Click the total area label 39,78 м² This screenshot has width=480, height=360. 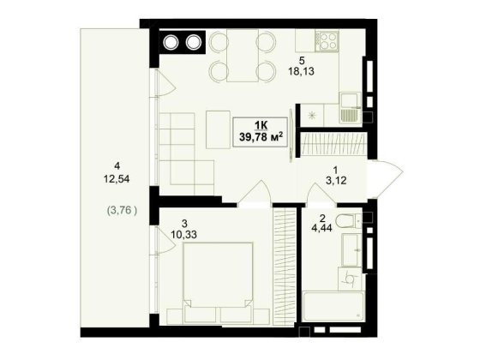click(x=261, y=136)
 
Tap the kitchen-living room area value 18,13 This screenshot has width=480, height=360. click(x=301, y=71)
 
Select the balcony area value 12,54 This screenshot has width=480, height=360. click(x=117, y=179)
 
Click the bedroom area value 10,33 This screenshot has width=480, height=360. click(x=183, y=235)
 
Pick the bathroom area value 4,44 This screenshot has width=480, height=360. click(x=322, y=228)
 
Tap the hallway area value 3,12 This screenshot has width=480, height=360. click(x=336, y=181)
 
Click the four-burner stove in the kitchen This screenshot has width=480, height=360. click(x=327, y=41)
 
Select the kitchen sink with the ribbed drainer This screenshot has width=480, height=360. click(x=350, y=108)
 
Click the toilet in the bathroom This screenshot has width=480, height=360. click(x=348, y=220)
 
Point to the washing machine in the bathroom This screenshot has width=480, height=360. click(x=350, y=279)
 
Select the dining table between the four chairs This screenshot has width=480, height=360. click(x=243, y=56)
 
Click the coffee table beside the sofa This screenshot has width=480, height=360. click(x=218, y=129)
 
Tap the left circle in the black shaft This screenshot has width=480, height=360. click(x=171, y=43)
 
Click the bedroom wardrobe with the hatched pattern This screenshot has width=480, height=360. click(x=284, y=266)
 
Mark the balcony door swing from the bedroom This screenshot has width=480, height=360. click(x=164, y=240)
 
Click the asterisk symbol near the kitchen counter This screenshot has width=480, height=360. click(x=312, y=116)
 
